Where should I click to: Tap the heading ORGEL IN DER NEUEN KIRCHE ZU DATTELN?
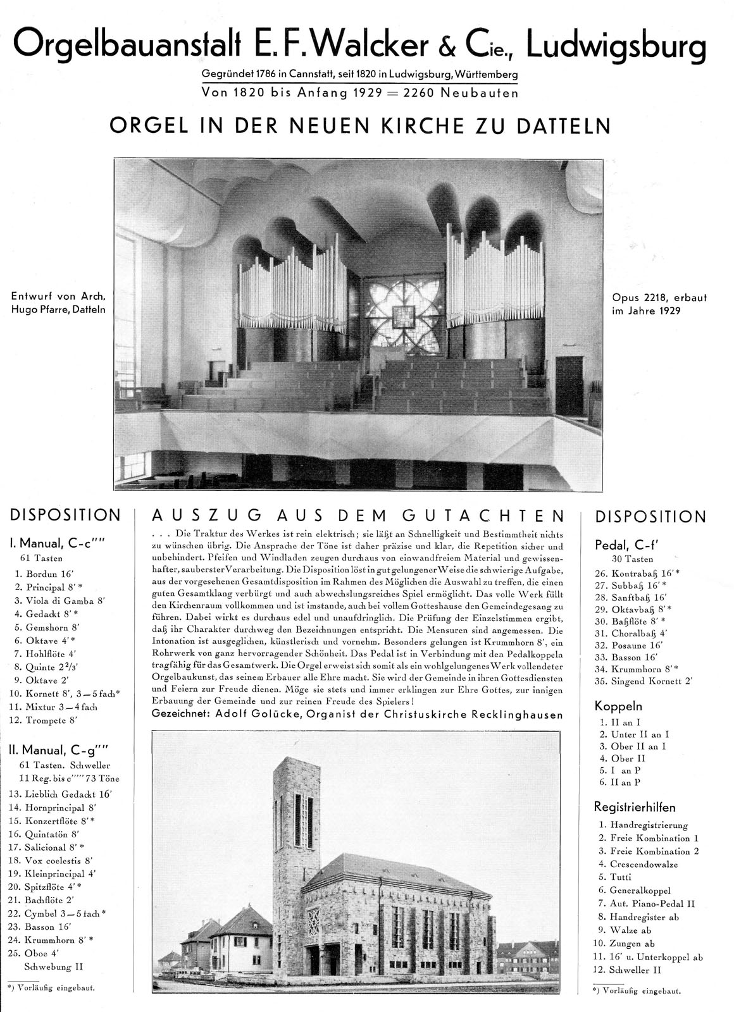point(361,125)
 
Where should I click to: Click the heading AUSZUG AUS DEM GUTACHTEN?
point(358,515)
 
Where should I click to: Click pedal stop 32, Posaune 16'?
point(630,645)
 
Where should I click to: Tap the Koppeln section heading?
point(618,705)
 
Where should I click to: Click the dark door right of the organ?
point(569,386)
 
